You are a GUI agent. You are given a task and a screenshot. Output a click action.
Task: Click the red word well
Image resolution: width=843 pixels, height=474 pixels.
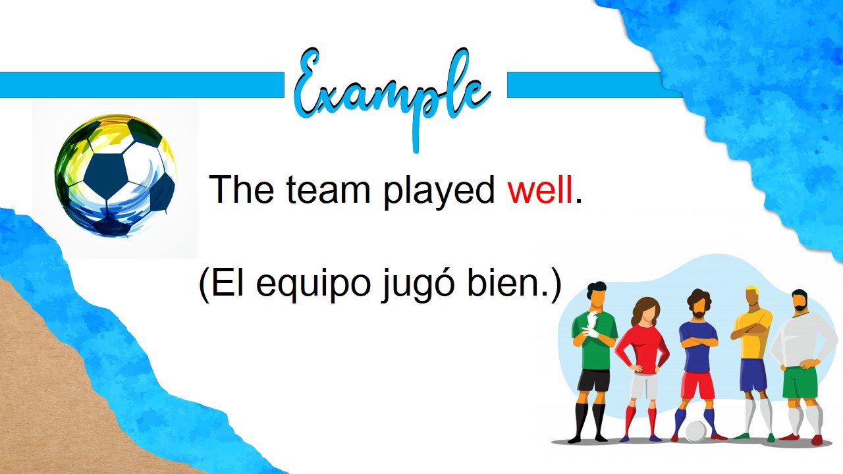(x=540, y=189)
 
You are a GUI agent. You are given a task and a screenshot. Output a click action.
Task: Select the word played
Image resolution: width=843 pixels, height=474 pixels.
(x=439, y=192)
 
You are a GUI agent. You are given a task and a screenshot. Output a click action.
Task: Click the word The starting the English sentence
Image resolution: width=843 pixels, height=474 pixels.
(x=241, y=189)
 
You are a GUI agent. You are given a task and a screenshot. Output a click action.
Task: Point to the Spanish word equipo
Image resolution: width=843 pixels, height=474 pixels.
(x=313, y=286)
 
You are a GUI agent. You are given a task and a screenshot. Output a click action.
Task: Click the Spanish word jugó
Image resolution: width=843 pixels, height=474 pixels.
(x=418, y=285)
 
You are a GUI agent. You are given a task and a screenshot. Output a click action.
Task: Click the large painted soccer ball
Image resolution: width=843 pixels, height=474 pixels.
(x=115, y=176)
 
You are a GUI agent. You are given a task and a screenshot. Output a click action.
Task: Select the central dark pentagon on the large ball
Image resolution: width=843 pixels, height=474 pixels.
(x=106, y=176)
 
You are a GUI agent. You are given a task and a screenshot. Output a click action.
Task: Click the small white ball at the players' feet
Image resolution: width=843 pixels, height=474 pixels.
(x=696, y=431)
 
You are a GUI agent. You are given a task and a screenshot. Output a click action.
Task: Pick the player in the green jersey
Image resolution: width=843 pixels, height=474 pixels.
(x=594, y=361)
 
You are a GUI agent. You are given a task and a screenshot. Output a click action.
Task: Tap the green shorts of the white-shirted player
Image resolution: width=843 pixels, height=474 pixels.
(x=800, y=382)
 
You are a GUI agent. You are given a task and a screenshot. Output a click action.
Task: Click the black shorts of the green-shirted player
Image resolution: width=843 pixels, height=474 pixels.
(x=593, y=381)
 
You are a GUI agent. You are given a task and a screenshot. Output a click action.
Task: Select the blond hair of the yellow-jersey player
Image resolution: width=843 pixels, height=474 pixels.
(x=752, y=291)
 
